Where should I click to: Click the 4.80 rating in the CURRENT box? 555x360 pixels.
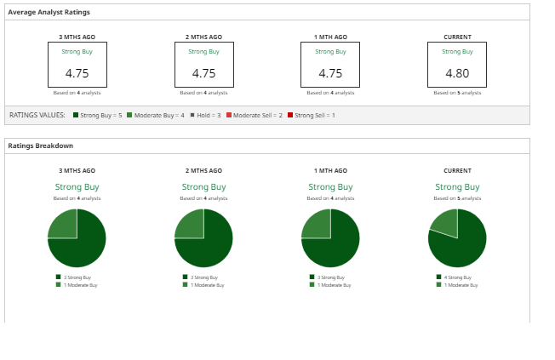457,73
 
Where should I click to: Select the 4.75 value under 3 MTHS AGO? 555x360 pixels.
77,73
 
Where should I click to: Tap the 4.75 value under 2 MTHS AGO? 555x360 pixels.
203,73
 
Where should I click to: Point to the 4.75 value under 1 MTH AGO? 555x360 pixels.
330,73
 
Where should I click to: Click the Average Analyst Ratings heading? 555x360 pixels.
49,12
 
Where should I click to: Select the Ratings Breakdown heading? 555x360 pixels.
41,146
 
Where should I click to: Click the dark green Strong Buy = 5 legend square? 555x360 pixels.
76,115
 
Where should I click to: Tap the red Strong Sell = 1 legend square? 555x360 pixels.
290,115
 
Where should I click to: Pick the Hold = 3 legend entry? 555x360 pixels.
208,115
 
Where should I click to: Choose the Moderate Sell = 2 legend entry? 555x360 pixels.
255,115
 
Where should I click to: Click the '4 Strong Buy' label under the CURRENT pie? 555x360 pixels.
458,277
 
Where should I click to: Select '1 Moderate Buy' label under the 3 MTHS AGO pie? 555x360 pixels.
80,285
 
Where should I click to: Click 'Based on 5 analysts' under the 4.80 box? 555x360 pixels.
457,93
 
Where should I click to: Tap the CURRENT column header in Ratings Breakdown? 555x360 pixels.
457,171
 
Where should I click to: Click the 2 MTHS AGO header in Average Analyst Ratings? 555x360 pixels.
203,37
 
